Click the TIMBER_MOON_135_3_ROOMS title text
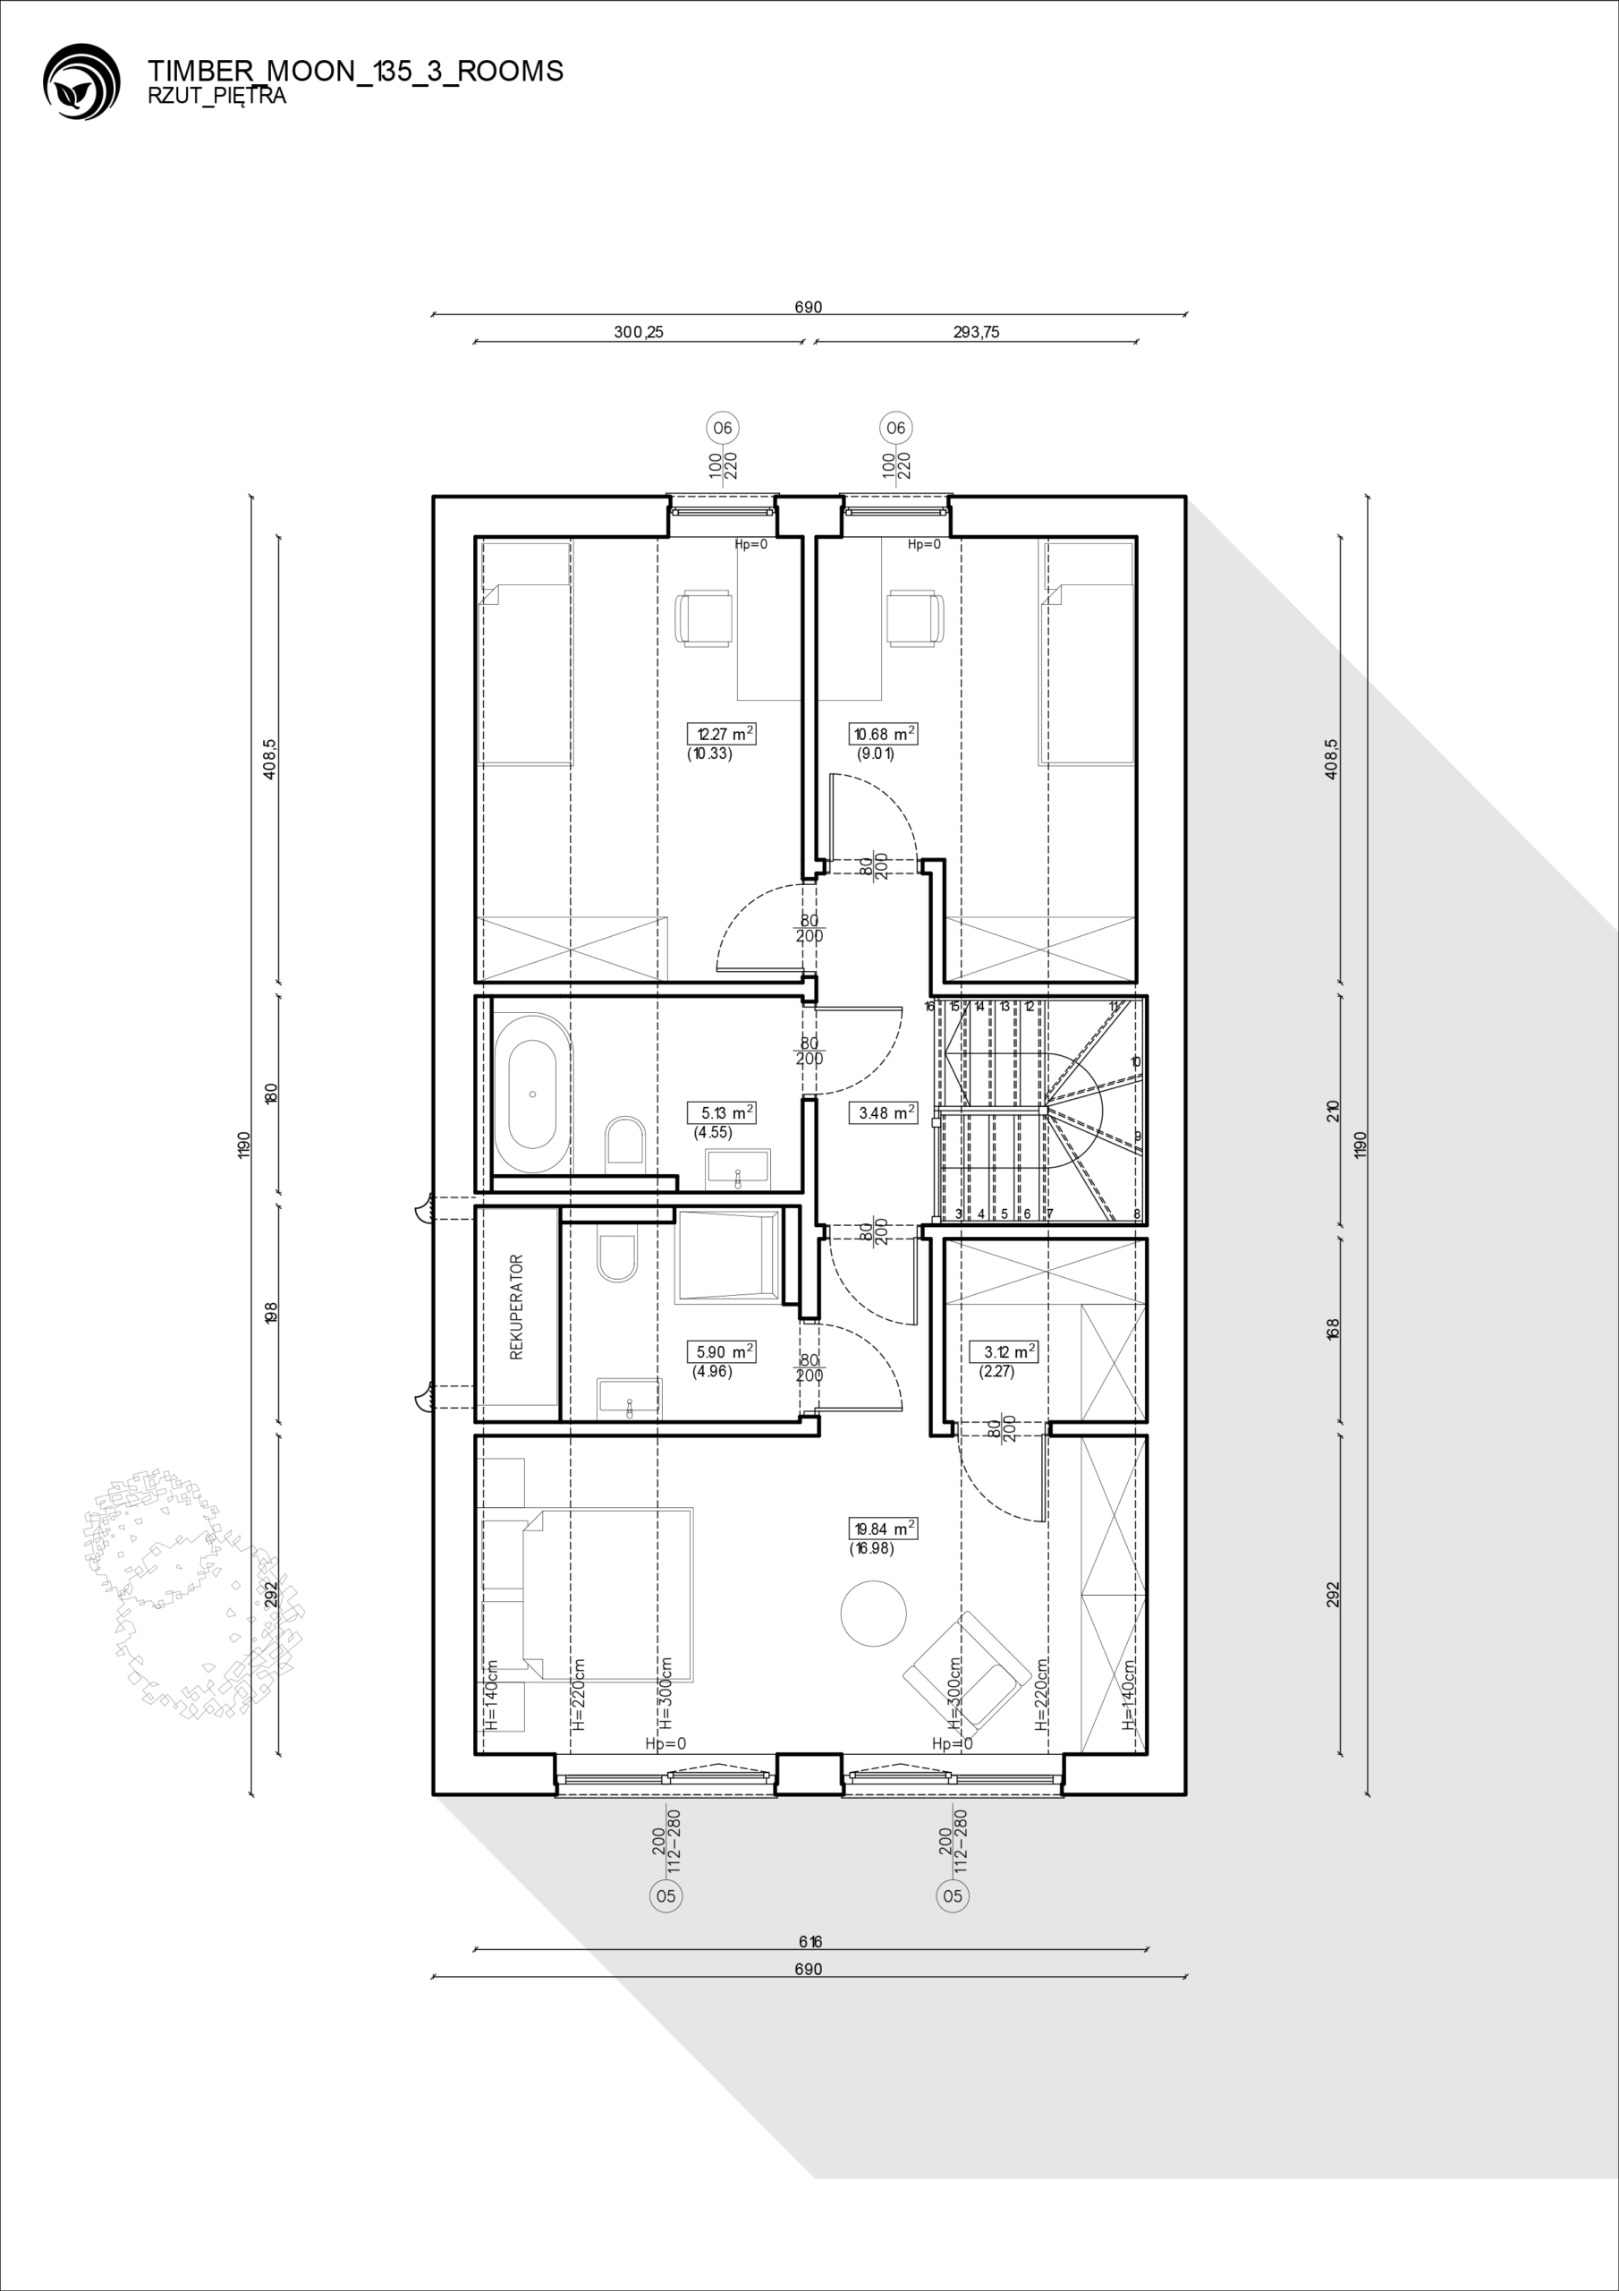[x=355, y=71]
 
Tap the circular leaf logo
[x=81, y=81]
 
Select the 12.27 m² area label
[x=721, y=734]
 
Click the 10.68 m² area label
[x=883, y=734]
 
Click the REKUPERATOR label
[x=517, y=1307]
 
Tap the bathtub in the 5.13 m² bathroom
[x=533, y=1094]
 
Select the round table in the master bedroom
[x=874, y=1614]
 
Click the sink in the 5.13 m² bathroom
[x=738, y=1170]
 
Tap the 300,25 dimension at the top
[x=639, y=332]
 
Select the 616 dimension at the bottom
[x=810, y=1942]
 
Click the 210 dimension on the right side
[x=1334, y=1111]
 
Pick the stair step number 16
[x=929, y=1007]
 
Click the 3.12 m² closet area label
[x=1004, y=1352]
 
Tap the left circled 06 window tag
[x=721, y=428]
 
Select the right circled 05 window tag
[x=953, y=1895]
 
